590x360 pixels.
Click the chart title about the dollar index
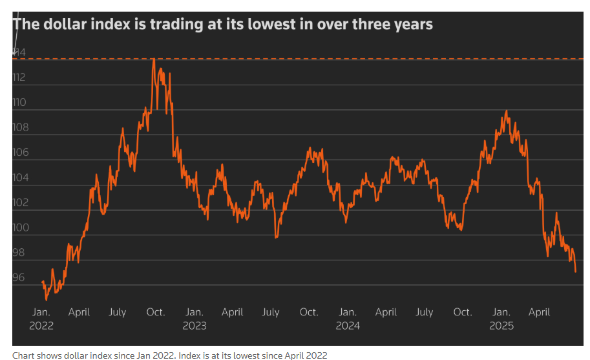223,25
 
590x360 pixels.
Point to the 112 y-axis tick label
19,78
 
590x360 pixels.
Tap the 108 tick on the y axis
19,127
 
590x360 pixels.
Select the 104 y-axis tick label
19,178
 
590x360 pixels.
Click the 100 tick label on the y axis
19,228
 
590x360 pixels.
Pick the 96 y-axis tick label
19,278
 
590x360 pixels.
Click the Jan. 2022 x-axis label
41,319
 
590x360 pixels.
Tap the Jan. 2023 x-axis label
194,319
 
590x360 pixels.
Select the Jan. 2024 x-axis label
348,319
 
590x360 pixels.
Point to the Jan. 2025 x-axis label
501,319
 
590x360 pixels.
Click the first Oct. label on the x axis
156,312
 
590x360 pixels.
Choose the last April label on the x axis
540,312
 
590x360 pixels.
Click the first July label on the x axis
118,312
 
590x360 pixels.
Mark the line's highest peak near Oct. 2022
154,59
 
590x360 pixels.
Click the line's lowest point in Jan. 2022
47,299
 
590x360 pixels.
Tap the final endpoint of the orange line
575,271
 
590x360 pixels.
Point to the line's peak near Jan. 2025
506,111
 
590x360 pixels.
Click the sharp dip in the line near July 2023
276,237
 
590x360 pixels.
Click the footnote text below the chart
170,355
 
